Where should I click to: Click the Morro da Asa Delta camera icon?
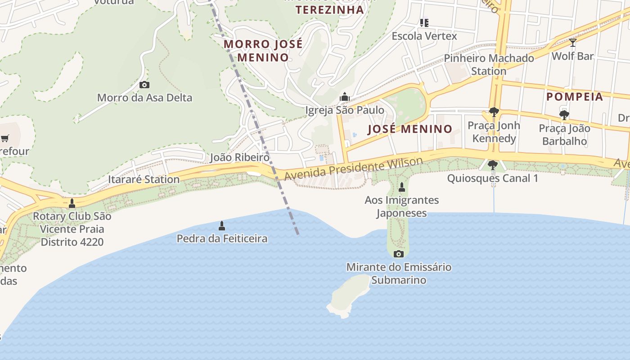pos(144,85)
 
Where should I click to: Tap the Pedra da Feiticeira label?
pos(222,238)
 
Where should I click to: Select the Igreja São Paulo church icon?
pos(345,97)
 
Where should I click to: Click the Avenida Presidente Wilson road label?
pos(353,167)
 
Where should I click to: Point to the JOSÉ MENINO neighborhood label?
pos(409,129)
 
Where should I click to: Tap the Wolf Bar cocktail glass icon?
pos(572,43)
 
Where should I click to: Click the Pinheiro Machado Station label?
pos(489,64)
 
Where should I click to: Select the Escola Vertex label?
pos(424,36)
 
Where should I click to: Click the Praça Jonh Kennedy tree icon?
pos(494,112)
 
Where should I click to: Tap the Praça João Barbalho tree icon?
pos(564,115)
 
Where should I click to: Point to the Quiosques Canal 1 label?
pos(492,178)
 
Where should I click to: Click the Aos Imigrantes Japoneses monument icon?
pos(402,187)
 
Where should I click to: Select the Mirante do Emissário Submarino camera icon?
pos(398,254)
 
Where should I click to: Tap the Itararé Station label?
pos(144,179)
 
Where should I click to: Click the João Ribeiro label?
pos(239,157)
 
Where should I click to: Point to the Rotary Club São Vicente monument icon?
pos(72,203)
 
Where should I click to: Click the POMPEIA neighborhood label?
pos(574,97)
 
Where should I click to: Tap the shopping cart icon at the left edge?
pos(5,138)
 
